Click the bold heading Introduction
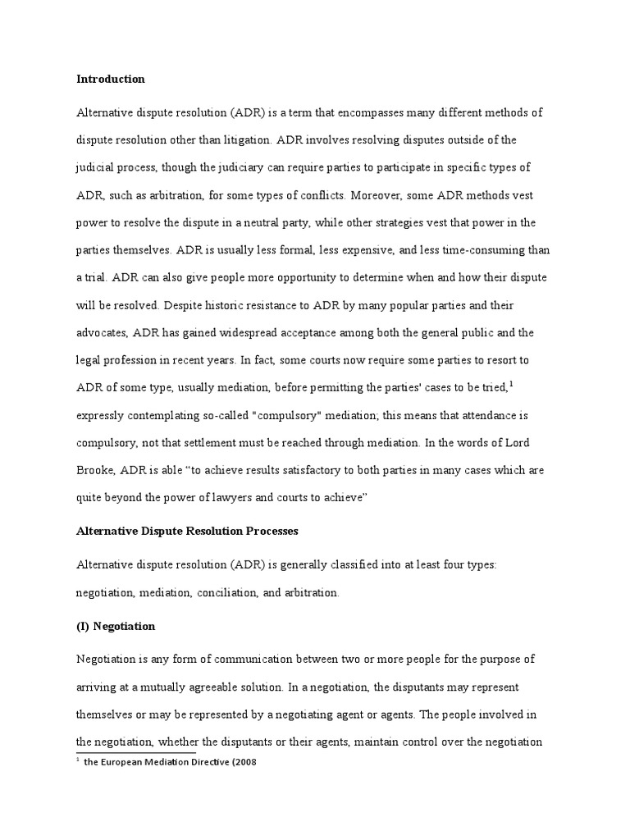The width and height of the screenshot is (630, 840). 110,80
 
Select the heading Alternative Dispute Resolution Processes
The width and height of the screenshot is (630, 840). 187,531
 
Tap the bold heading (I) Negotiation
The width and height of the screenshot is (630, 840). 116,626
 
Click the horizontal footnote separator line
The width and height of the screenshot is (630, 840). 135,751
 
